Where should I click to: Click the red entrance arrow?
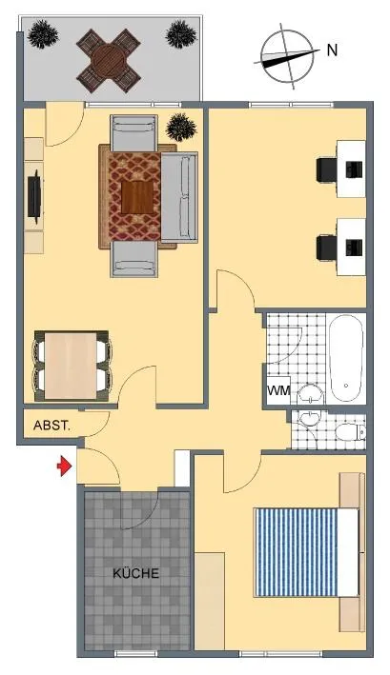click(64, 466)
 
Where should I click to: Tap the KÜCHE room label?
click(135, 573)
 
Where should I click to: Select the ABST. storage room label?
click(51, 426)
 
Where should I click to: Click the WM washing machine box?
click(278, 390)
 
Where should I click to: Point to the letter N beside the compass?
click(332, 50)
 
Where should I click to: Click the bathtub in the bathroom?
click(346, 358)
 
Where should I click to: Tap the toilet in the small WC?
click(350, 431)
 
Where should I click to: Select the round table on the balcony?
click(109, 60)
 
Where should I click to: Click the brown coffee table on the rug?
click(137, 198)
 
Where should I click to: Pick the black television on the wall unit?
click(34, 197)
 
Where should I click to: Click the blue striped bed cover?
click(297, 552)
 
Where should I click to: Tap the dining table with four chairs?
click(72, 366)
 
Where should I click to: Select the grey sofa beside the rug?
click(179, 198)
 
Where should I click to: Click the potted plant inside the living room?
click(181, 127)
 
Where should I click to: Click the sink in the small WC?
click(308, 419)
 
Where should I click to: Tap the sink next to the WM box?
click(310, 392)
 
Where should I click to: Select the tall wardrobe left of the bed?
click(210, 601)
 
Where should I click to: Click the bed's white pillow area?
click(348, 552)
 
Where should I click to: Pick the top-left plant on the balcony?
click(43, 34)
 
